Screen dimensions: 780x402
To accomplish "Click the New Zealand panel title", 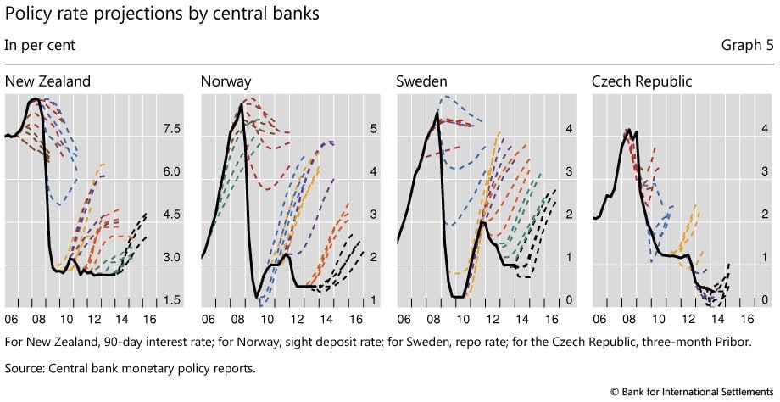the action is click(47, 81).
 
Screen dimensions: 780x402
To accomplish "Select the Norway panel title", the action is click(226, 81).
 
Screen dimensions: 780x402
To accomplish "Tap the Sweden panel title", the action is click(421, 81).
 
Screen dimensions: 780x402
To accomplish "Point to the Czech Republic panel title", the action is click(642, 81).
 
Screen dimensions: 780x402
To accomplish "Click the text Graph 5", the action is click(747, 45).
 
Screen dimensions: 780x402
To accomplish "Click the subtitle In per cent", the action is click(40, 45).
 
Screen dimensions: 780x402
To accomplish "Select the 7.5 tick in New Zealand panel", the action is click(172, 129).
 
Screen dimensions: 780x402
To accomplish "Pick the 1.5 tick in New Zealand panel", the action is click(172, 300).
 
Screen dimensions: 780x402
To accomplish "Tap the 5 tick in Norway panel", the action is click(374, 129).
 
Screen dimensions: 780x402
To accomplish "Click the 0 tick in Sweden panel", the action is click(569, 300).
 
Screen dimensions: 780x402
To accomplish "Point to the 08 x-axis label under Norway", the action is click(237, 319).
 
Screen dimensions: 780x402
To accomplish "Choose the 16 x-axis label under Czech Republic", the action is click(747, 319).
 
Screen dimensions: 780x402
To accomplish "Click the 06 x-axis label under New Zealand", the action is click(11, 319).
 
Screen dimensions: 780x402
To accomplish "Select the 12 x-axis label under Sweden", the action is click(493, 319).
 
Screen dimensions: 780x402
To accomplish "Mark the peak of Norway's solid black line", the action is click(241, 104).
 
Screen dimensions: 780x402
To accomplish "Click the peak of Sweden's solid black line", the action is click(437, 114).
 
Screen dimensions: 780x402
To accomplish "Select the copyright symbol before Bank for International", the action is click(615, 392).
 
